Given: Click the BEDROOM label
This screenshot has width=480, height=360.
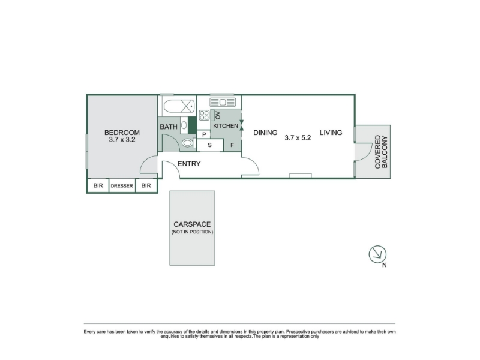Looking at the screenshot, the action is (x=122, y=133).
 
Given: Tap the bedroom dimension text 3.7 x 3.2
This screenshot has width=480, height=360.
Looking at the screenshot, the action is (x=122, y=140).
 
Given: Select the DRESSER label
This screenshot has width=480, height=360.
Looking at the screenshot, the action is (x=122, y=186).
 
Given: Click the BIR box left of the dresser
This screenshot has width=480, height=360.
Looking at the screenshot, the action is (x=98, y=185).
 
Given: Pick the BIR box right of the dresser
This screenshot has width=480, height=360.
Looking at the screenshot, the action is (x=146, y=185).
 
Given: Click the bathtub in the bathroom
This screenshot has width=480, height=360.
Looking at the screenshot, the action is (x=179, y=107).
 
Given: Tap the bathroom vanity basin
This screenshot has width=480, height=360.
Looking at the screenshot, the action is (x=184, y=125).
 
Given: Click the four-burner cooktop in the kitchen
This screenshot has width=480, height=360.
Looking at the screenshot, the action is (x=204, y=115).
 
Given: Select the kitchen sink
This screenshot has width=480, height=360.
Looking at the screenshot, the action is (x=223, y=102).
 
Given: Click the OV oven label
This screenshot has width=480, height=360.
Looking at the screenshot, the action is (x=218, y=115).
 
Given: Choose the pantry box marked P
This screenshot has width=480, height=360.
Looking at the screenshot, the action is (x=204, y=134).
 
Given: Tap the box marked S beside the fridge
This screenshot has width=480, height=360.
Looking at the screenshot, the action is (x=209, y=145).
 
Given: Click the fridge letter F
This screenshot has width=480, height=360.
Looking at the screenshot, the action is (x=232, y=145).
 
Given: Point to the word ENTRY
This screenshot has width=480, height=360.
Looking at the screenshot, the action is (x=189, y=164).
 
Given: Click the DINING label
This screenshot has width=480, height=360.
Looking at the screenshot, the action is (x=265, y=133).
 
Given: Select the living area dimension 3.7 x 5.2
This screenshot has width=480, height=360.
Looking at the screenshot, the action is (x=298, y=138).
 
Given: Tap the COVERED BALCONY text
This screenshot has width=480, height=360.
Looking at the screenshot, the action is (x=381, y=152).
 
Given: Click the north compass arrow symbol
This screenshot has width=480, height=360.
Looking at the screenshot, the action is (x=377, y=254).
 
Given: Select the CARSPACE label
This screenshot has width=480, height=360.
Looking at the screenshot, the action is (x=192, y=224).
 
